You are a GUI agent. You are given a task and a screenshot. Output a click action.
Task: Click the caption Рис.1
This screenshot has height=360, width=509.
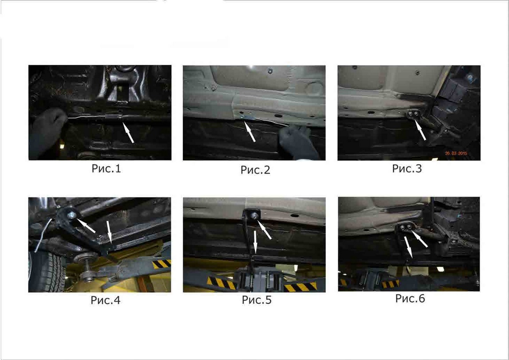(x=106, y=169)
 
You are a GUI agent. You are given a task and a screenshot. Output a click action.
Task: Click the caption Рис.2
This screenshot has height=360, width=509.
(x=255, y=170)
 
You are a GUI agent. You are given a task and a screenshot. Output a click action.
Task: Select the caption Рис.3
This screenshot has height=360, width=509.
(x=407, y=169)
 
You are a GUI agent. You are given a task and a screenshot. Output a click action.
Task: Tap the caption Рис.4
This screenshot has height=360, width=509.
(x=106, y=300)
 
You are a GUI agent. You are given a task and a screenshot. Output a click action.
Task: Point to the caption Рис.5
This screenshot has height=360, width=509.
(x=257, y=300)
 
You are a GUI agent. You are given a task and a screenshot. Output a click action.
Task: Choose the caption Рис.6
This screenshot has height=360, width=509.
(x=410, y=298)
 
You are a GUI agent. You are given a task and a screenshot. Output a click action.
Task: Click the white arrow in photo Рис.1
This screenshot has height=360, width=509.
(x=128, y=132)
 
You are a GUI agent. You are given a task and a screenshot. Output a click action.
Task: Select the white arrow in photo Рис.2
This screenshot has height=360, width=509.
(x=250, y=132)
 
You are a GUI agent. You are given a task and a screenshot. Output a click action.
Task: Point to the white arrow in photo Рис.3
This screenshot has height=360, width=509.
(x=420, y=130)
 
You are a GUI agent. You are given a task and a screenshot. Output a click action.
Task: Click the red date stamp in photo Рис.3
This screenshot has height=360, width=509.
(x=456, y=153)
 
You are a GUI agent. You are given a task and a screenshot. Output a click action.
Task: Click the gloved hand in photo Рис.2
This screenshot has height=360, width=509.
(x=298, y=143)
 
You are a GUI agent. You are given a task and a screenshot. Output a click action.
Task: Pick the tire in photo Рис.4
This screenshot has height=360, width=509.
(x=47, y=271)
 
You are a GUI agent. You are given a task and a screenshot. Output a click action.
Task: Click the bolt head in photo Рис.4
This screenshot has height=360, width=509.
(x=72, y=215)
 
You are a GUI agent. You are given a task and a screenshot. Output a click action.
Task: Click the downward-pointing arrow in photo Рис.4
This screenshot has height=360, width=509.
(x=109, y=232)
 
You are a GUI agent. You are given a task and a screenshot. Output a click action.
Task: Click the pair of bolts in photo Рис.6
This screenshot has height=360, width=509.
(x=406, y=227)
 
